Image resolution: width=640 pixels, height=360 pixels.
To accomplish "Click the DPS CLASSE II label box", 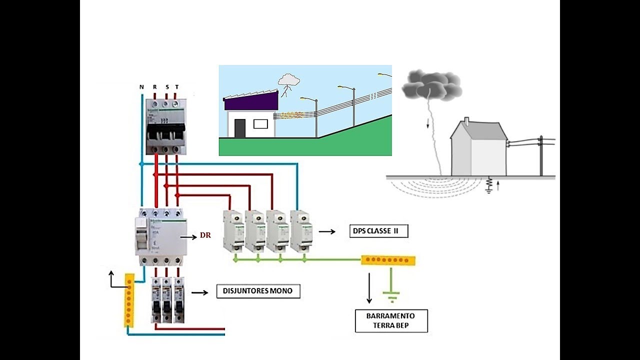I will coord(378,231).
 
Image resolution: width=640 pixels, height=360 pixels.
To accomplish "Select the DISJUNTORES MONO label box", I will coord(258,291).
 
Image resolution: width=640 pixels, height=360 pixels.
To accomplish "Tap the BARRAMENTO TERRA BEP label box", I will coord(391,321).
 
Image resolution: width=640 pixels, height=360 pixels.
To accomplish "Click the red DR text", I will coord(205,235).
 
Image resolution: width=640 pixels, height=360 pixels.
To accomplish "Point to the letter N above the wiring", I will coord(141,87).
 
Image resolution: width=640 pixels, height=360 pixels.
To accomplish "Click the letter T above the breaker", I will coord(176,87).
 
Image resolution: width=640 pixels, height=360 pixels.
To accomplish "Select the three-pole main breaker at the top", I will coord(165,126).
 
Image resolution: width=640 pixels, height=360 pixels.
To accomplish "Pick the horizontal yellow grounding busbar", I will coord(388,260).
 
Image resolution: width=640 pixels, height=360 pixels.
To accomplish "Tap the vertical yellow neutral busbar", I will coord(129,300).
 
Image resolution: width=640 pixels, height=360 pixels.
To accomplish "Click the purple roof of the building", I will coord(250,101).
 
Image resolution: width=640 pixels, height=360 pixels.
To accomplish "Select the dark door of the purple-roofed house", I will coord(240,128).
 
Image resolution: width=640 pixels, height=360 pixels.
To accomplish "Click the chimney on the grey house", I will coord(466,121).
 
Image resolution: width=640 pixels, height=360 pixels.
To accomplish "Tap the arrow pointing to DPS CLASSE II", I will coord(327,231).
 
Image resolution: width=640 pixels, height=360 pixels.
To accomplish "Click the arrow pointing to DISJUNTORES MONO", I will coord(199,292).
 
